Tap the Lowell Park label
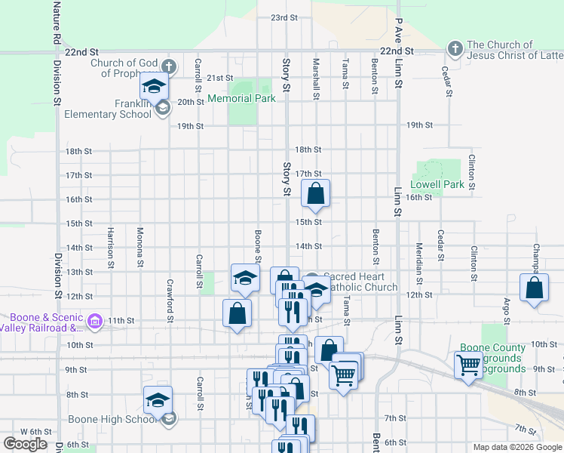pyautogui.click(x=437, y=184)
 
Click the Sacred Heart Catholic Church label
pyautogui.click(x=360, y=282)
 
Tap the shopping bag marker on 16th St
pyautogui.click(x=316, y=194)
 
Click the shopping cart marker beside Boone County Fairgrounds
pyautogui.click(x=468, y=365)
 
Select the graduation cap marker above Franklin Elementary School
pyautogui.click(x=155, y=86)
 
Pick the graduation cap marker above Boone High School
pyautogui.click(x=158, y=399)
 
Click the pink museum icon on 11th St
pyautogui.click(x=93, y=322)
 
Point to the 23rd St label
pyautogui.click(x=284, y=17)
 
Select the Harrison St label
pyautogui.click(x=111, y=248)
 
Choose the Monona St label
pyautogui.click(x=140, y=248)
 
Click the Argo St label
pyautogui.click(x=506, y=313)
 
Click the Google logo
pyautogui.click(x=25, y=444)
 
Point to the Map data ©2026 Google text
pyautogui.click(x=516, y=447)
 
